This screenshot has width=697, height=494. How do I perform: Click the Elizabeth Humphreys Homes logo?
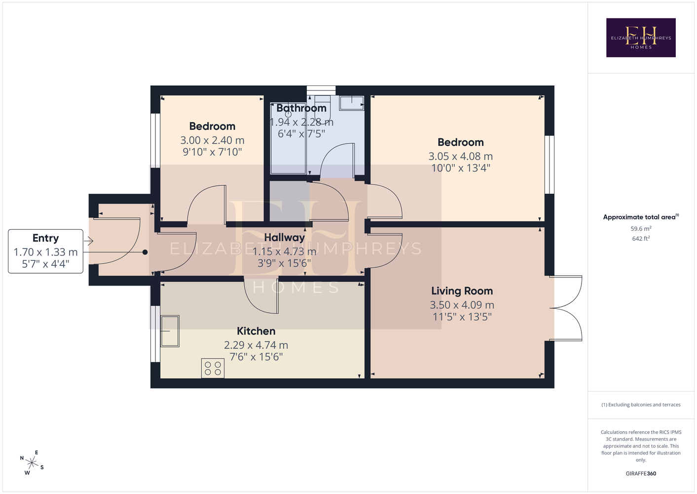coord(641,38)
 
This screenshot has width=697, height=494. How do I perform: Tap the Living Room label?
coord(462,291)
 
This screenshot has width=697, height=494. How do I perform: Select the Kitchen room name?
coord(256,330)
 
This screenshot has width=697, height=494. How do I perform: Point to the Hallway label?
coord(285,238)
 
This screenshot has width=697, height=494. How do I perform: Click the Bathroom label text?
coord(301,108)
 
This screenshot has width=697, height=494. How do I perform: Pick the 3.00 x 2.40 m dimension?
coord(212,140)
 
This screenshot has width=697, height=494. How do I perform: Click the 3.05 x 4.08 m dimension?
coord(461,156)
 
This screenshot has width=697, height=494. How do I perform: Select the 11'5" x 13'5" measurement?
coord(462,317)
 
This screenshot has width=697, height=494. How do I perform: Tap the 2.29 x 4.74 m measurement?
coord(256,345)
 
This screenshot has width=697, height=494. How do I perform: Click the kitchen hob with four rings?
coord(213,368)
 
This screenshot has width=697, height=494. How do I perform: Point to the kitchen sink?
coord(170,331)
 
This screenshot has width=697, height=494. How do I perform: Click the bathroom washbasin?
coord(352,103)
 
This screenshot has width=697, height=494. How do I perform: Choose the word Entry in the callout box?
coord(45,238)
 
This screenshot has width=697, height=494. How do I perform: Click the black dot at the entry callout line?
coord(145,252)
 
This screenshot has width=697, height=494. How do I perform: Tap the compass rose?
coord(32,463)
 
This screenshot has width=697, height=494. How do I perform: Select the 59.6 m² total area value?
coord(641,228)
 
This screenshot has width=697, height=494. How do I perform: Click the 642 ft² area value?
coord(641,239)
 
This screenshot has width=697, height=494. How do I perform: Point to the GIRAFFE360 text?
coord(641,473)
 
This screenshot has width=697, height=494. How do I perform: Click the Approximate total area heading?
coord(641,217)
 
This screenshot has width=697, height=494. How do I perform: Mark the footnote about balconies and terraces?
coord(641,405)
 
